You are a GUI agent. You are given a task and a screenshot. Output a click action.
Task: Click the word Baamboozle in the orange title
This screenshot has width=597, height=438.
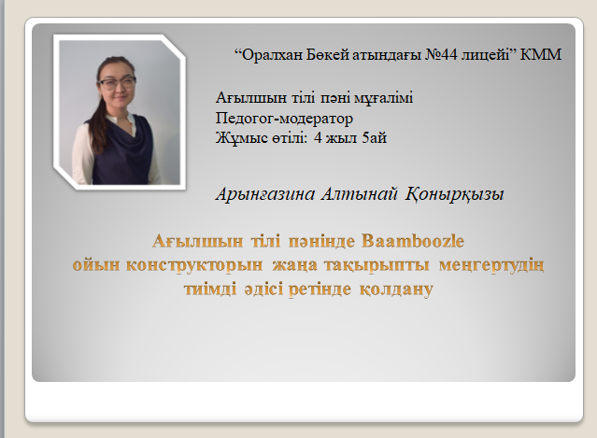(413, 241)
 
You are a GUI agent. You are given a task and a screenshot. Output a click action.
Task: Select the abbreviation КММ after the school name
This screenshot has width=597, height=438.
(541, 55)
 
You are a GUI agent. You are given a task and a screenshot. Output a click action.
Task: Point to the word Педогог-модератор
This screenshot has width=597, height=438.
(284, 118)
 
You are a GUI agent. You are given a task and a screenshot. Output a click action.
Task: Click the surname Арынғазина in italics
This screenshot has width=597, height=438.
(265, 193)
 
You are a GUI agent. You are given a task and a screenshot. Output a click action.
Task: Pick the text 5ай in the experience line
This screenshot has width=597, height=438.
(375, 138)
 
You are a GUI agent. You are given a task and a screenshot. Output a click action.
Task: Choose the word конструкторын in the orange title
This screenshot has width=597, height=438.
(194, 265)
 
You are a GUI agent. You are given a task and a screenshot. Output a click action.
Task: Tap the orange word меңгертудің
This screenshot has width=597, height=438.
(491, 265)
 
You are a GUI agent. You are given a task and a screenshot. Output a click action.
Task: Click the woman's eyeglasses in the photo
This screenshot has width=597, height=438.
(117, 82)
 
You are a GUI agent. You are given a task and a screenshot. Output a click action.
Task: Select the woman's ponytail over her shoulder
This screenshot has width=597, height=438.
(99, 121)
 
